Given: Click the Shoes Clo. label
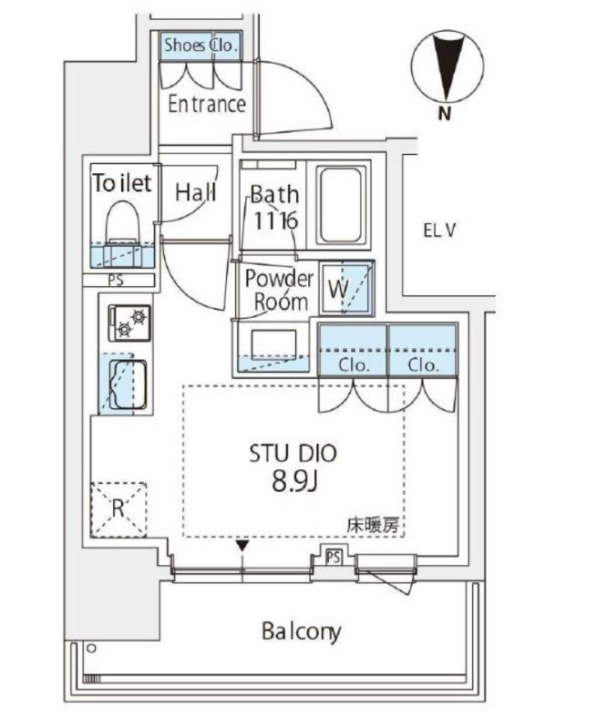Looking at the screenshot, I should click(x=201, y=44).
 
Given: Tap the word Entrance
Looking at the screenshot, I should click(x=207, y=104).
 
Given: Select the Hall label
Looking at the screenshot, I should click(x=195, y=192).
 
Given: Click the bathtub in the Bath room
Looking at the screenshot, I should click(x=342, y=204).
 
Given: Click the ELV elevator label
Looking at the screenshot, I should click(x=438, y=231).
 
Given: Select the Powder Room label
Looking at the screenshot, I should click(x=278, y=290).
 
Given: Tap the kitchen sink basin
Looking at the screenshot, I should click(x=127, y=383).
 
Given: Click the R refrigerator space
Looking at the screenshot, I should click(x=118, y=508).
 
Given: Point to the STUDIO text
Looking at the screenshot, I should click(x=293, y=453).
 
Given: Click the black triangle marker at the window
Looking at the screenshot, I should click(x=242, y=547).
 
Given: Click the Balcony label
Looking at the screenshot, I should click(x=300, y=631).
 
